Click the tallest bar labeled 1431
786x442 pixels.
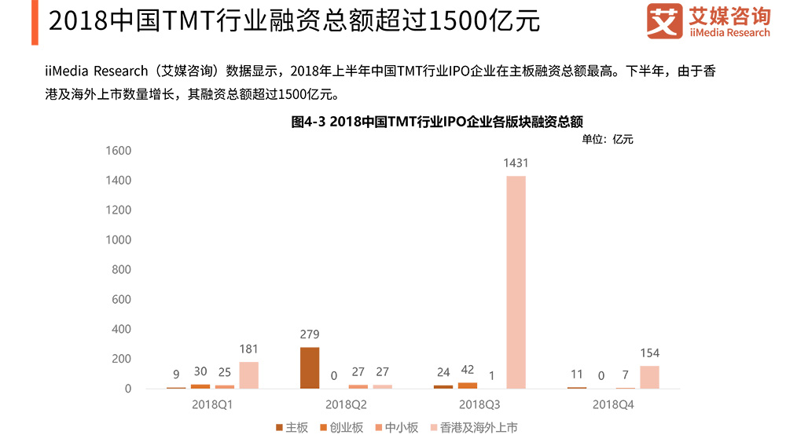516,282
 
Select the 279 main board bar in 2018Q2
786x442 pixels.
310,367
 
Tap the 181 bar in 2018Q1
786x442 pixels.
248,374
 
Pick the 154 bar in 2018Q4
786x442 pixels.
649,377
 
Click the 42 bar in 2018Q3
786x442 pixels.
468,385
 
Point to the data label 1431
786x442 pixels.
516,164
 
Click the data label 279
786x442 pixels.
310,334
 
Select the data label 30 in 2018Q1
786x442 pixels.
200,371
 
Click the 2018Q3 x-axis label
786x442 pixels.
479,404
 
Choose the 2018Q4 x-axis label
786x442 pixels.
613,404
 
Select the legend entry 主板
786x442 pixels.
292,427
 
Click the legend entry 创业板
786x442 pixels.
340,427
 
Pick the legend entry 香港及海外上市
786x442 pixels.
472,427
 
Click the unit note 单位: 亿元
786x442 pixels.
607,140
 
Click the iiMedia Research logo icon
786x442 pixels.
664,21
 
